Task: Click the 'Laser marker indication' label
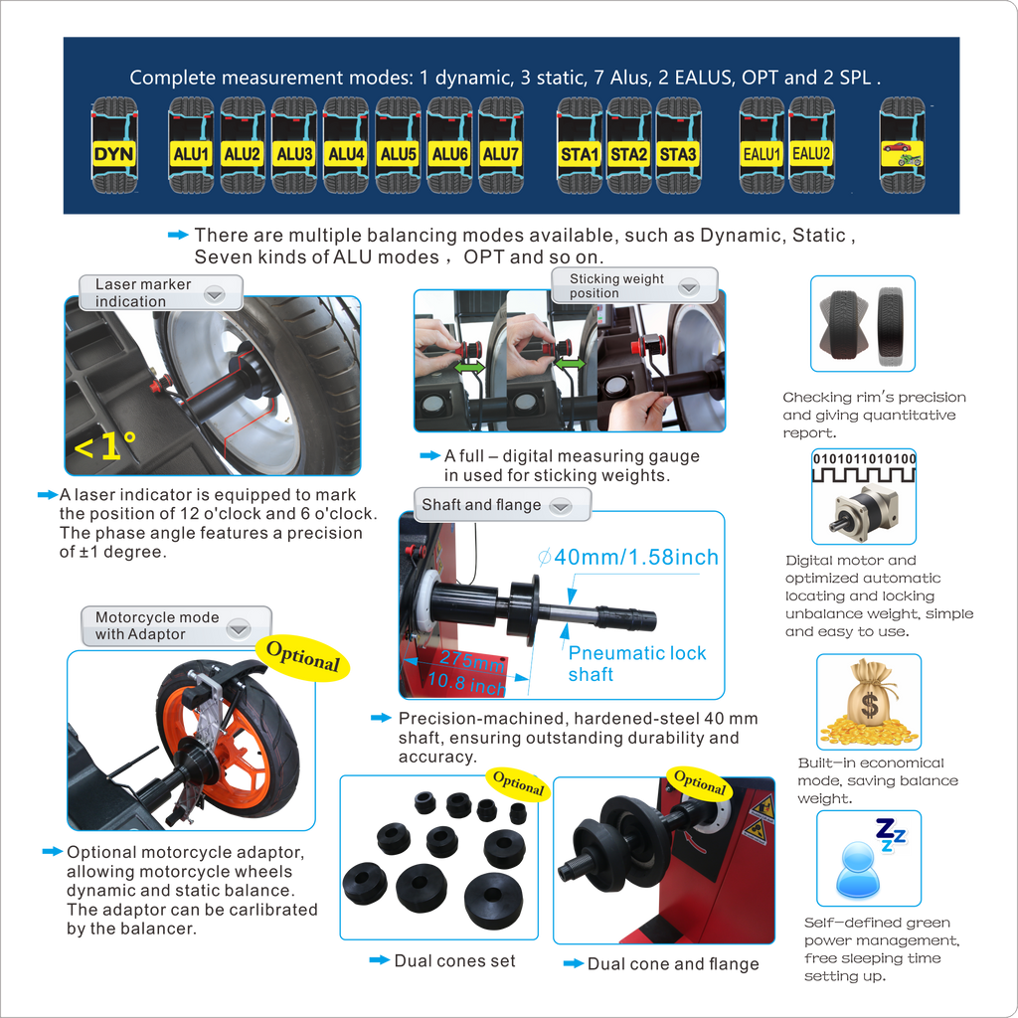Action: point(143,292)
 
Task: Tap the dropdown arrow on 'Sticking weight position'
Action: point(689,287)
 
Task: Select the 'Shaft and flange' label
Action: point(481,505)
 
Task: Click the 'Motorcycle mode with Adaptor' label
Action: point(156,625)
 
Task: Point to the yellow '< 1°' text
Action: point(105,447)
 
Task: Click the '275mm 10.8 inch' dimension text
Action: point(467,672)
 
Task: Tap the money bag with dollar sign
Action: point(868,704)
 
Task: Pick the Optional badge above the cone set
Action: point(518,784)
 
